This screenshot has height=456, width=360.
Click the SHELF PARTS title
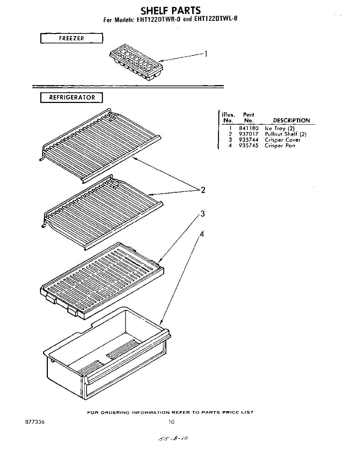coord(171,10)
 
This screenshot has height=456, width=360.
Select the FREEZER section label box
coord(71,38)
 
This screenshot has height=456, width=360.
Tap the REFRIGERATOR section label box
coord(71,98)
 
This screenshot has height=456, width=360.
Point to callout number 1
coord(205,54)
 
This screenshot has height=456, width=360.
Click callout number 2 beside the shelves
coord(203,190)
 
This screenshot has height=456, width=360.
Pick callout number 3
coord(202,214)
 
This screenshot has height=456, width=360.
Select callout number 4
coord(202,234)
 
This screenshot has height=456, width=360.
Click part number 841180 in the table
coord(249,128)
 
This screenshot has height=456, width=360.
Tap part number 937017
coord(249,134)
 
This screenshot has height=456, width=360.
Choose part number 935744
coord(249,140)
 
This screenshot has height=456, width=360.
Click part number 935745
coord(249,146)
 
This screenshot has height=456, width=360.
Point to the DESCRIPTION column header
coord(291,120)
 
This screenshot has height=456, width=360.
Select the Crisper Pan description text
coord(280,146)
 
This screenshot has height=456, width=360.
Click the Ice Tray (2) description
coord(279,128)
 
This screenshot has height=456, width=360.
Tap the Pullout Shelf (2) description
coord(286,134)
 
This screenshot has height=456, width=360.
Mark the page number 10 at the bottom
coord(172,421)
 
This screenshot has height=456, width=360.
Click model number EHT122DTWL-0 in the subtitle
coord(216,19)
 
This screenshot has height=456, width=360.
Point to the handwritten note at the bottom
coord(174,439)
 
